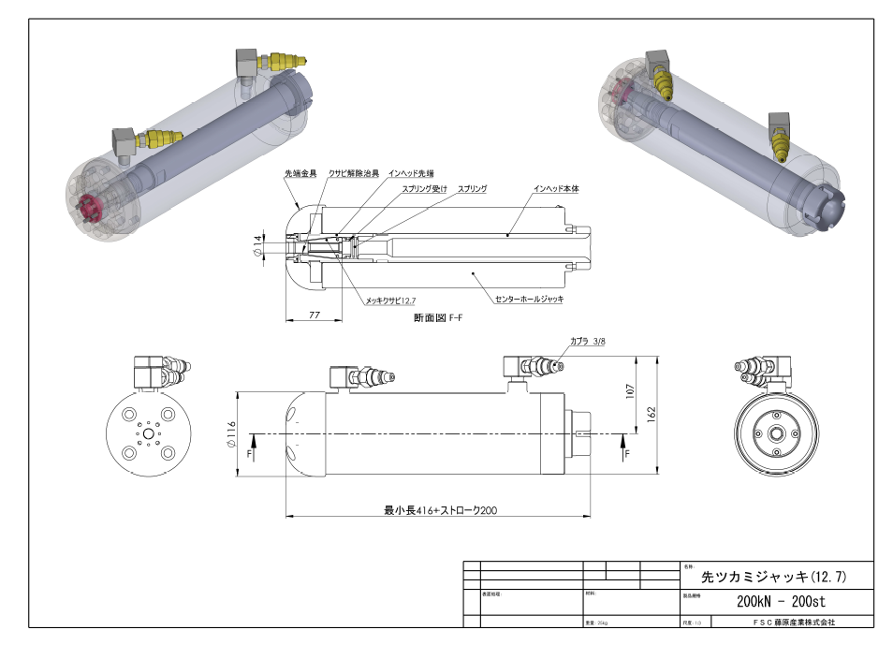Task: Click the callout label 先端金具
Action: click(300, 174)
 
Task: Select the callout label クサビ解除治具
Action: click(354, 174)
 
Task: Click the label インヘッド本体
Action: click(556, 189)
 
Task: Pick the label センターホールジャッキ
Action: click(530, 299)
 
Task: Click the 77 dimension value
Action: click(314, 316)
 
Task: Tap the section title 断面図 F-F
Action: click(438, 318)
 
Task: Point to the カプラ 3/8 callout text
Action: click(588, 342)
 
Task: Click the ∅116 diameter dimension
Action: click(231, 434)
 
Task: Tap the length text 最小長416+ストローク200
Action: click(440, 510)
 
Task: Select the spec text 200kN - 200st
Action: click(781, 601)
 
